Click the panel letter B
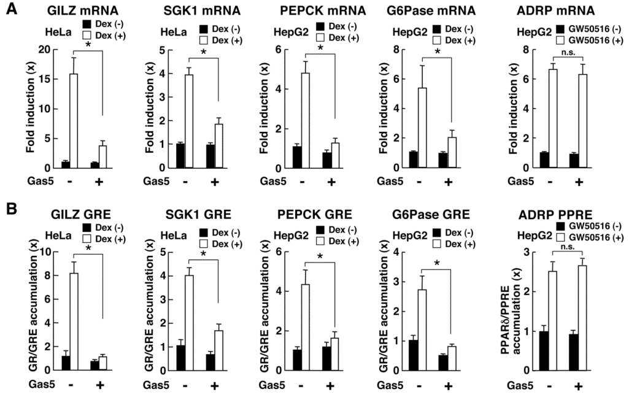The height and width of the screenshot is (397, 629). [9, 209]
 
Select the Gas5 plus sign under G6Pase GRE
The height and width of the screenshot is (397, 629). [447, 385]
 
